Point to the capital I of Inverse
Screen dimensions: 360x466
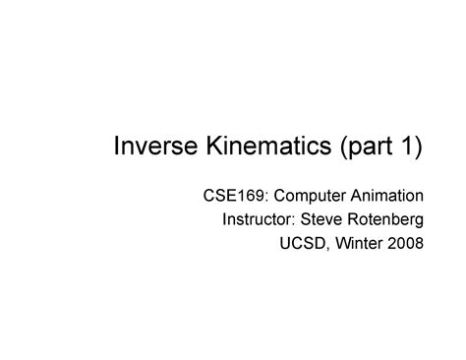coord(117,148)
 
